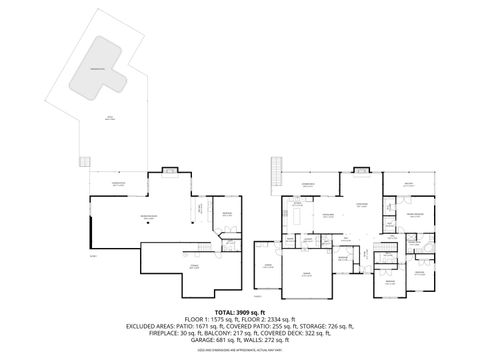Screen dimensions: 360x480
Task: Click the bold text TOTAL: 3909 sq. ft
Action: click(x=239, y=312)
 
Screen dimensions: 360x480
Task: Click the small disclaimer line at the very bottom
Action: click(x=239, y=352)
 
